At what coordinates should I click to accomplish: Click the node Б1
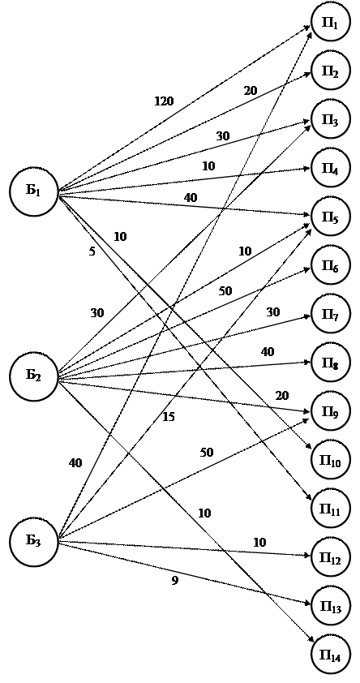point(34,191)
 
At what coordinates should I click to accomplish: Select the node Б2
point(34,376)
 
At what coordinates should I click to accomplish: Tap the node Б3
point(34,541)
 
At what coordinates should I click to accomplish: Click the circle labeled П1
point(330,23)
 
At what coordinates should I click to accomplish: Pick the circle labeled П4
point(330,168)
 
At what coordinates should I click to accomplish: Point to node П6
point(330,265)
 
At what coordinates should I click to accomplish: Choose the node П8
point(330,363)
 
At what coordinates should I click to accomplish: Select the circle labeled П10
point(330,460)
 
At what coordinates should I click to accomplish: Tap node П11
point(330,509)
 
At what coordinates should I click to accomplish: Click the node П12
point(330,557)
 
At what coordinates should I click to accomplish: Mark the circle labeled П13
point(330,606)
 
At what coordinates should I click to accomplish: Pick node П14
point(330,655)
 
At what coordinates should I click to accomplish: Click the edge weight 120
point(164,101)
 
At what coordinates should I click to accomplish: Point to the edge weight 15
point(169,417)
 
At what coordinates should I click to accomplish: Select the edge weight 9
point(174,581)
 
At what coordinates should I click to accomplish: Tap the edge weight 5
point(92,251)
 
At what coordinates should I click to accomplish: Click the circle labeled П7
point(330,314)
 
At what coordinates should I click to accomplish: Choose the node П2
point(330,71)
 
